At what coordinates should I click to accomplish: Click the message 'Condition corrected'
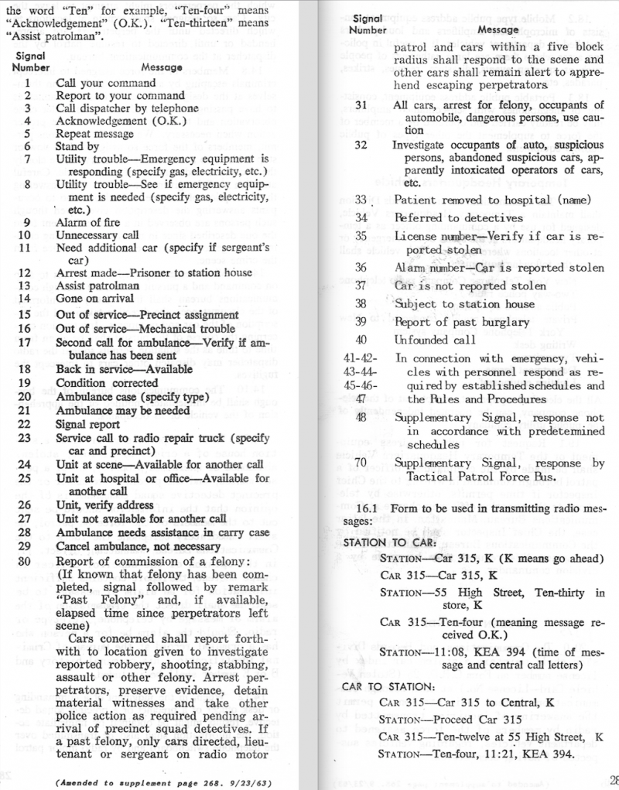pyautogui.click(x=107, y=382)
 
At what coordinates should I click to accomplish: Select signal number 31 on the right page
pyautogui.click(x=361, y=105)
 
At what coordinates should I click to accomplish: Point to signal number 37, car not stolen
pyautogui.click(x=361, y=286)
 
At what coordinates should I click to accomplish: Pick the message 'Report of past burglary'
pyautogui.click(x=462, y=322)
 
